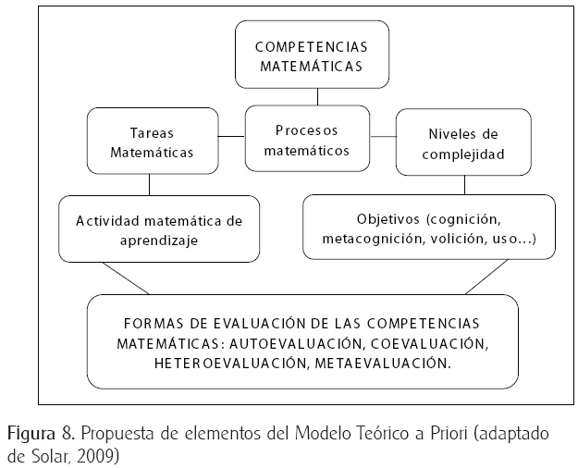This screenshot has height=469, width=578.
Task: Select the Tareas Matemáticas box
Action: point(151,142)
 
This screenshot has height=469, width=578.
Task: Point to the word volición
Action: point(460,239)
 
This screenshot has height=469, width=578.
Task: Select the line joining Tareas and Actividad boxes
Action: point(150,184)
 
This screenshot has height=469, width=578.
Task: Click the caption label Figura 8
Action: point(34,433)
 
